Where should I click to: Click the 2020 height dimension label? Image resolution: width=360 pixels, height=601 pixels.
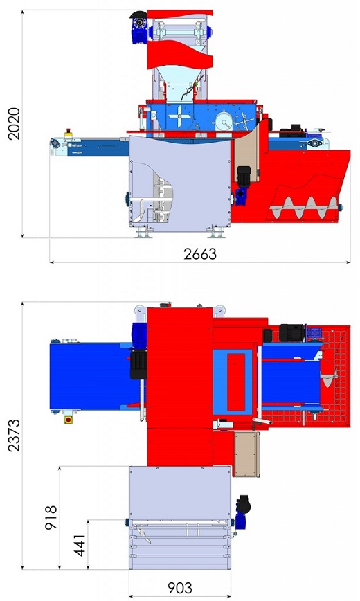tap(14, 124)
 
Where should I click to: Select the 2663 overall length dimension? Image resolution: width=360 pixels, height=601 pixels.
tap(200, 253)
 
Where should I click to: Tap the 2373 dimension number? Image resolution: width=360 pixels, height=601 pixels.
tap(14, 436)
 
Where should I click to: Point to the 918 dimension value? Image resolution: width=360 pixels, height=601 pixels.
tap(51, 517)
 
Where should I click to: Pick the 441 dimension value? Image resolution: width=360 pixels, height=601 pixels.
tap(80, 545)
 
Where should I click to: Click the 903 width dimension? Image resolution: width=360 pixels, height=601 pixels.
tap(180, 588)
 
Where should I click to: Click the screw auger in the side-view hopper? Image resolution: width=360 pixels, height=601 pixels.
tap(305, 208)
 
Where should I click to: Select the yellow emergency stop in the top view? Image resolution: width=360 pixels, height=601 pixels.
tap(69, 419)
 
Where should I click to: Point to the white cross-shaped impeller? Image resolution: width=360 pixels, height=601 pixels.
tap(179, 116)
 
